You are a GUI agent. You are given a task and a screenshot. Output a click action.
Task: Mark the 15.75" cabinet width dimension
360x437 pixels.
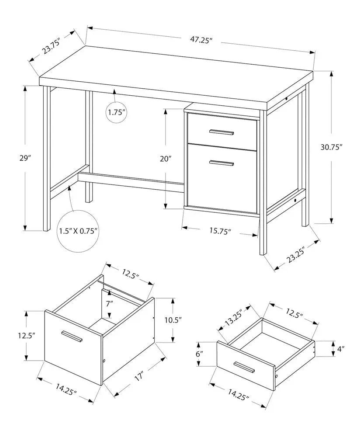coord(219,231)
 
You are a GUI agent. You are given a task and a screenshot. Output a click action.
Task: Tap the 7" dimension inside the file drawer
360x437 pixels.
coord(109,302)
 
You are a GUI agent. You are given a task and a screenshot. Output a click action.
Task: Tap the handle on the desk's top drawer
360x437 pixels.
coord(222,132)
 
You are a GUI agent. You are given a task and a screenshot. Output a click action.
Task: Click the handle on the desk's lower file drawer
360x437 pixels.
coord(222,163)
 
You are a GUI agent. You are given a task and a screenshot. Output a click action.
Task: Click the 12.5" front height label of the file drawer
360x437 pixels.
coord(26,336)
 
